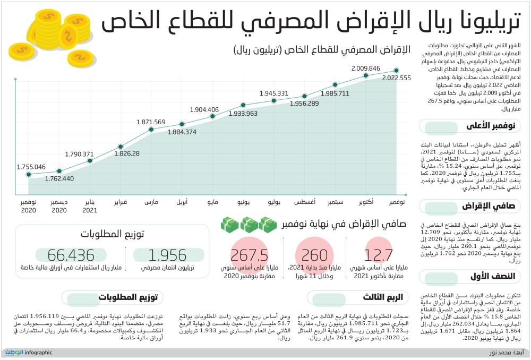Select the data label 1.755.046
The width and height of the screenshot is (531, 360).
[x=31, y=166]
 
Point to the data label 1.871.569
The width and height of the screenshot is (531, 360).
[x=151, y=122]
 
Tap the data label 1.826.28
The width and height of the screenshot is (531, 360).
[x=127, y=153]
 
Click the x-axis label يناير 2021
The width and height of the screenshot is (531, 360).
[x=90, y=206]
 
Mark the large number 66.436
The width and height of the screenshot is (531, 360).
[x=71, y=255]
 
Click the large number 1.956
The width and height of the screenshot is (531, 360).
[x=167, y=255]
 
